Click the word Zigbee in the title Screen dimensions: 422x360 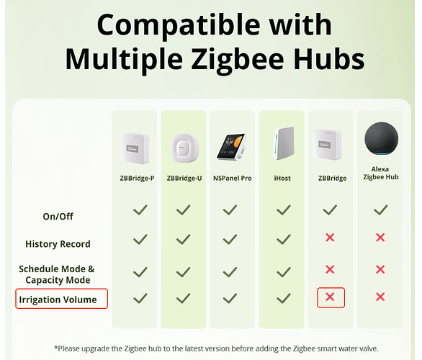click(x=238, y=59)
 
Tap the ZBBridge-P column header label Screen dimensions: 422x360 click(x=137, y=178)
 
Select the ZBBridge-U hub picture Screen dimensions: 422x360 click(x=184, y=148)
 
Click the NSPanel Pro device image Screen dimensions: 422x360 click(x=232, y=147)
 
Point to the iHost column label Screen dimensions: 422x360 click(x=282, y=178)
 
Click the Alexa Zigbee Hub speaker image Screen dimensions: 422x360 click(x=382, y=139)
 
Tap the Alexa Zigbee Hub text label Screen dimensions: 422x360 click(x=380, y=173)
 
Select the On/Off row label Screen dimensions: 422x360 click(x=58, y=216)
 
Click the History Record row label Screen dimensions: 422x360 click(x=58, y=244)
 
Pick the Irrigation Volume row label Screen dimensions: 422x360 click(x=58, y=300)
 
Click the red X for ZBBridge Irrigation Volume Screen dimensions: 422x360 click(x=330, y=297)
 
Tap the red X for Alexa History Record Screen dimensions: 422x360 click(x=380, y=238)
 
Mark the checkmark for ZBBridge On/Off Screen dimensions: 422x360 click(x=330, y=210)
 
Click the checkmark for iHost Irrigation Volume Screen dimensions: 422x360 click(x=284, y=298)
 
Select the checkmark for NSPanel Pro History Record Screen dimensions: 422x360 click(x=230, y=240)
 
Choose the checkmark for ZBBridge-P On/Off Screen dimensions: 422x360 click(x=140, y=210)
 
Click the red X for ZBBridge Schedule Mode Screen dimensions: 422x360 click(x=330, y=269)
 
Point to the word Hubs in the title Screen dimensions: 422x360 click(x=329, y=59)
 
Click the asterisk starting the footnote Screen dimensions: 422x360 click(x=56, y=347)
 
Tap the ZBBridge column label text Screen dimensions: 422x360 click(x=333, y=178)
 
